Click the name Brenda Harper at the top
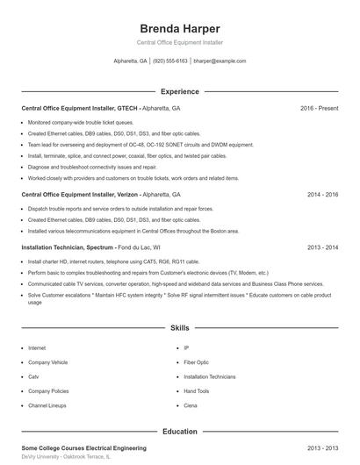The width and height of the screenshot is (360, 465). click(179, 28)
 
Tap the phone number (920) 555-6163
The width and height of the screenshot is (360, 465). click(170, 61)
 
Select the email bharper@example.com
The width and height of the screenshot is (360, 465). click(220, 61)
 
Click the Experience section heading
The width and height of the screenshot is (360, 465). click(179, 91)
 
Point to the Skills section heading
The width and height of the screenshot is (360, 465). click(179, 328)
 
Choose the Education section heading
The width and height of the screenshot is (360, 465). click(179, 432)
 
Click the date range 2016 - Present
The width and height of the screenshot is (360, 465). click(319, 108)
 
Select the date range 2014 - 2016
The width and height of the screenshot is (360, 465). click(322, 194)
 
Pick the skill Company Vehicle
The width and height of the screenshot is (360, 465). click(47, 361)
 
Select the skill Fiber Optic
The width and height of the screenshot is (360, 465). click(197, 361)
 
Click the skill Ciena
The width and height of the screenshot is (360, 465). click(191, 406)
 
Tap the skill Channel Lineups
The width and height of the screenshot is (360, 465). click(47, 406)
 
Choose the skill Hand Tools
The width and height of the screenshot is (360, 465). click(197, 391)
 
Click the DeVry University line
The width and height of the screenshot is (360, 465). click(66, 457)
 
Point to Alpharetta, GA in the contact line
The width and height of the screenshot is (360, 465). click(131, 61)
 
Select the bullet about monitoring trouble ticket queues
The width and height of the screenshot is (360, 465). click(81, 122)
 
